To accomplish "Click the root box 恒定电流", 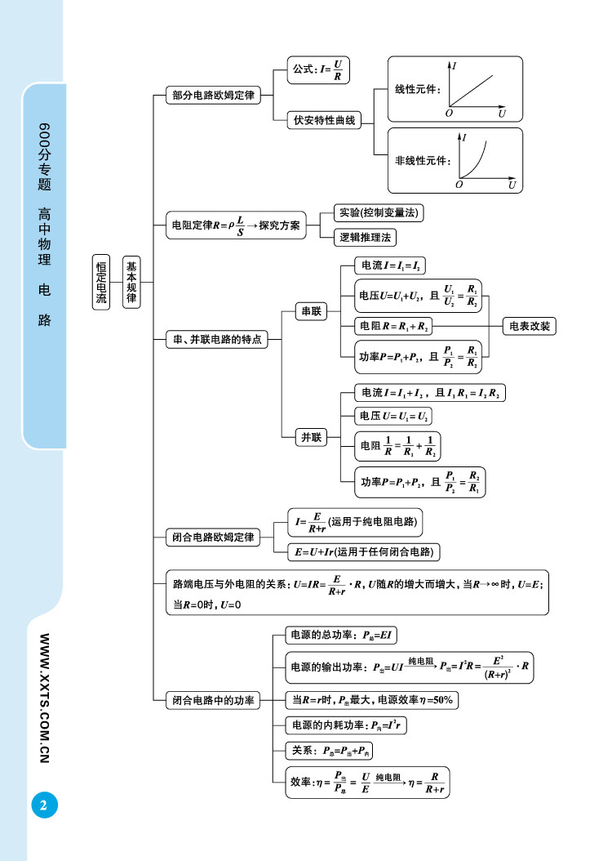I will coord(101,282).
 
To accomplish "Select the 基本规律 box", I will coord(131,282).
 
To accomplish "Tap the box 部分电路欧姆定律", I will coord(213,96).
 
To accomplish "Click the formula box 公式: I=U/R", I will coord(318,69).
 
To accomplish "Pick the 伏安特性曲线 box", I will coord(325,121).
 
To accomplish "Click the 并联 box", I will coord(312,437).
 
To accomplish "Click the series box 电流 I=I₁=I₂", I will coord(391,265).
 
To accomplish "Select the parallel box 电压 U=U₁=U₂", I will coord(394,417).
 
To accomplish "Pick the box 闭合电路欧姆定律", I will coord(212,538).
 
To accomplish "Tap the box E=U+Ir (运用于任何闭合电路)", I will coord(365,552).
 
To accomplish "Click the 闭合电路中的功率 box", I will coord(213,700).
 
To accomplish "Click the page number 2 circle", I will coord(43,805).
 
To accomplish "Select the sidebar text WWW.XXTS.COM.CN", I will coord(46,698).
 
